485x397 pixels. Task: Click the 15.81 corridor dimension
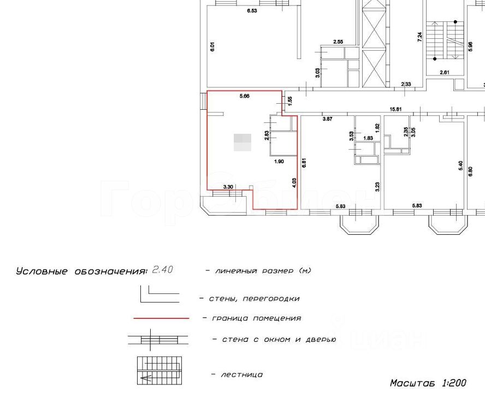tap(395, 109)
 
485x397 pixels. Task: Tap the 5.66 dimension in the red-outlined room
tap(244, 96)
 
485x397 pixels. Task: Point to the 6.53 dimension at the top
tap(252, 10)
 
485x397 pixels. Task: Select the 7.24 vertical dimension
tap(419, 37)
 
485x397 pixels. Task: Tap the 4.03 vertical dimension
tap(294, 182)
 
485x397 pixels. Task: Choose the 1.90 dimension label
tap(279, 162)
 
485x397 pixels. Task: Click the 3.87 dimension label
tap(328, 118)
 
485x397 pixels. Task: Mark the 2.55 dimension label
tap(339, 42)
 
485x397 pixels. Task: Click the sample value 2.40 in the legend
tap(163, 270)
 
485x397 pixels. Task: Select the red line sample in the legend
tap(161, 318)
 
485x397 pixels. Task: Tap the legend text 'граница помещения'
tap(252, 318)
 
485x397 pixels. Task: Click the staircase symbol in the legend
tap(158, 369)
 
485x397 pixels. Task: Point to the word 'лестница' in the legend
tap(241, 375)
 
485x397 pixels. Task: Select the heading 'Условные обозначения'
tap(81, 271)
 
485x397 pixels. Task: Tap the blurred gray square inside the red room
tap(242, 142)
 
